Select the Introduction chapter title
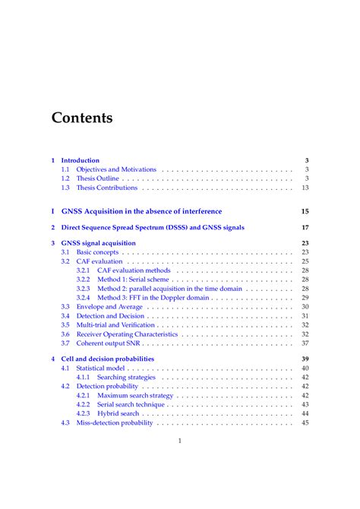80,160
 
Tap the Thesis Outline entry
98,179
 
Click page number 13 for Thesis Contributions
305,188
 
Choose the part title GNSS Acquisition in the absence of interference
141,210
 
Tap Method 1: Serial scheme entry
134,280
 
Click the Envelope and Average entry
109,307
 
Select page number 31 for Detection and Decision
305,316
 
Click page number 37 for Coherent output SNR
305,343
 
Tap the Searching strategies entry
126,377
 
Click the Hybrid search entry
118,413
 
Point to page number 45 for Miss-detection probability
305,422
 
